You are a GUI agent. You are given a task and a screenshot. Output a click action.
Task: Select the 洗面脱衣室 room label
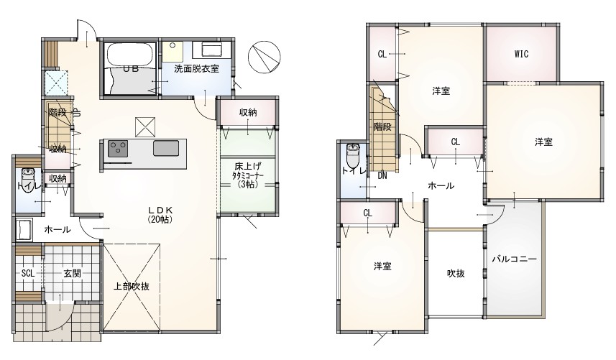(196, 69)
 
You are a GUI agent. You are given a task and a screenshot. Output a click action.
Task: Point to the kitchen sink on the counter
(166, 148)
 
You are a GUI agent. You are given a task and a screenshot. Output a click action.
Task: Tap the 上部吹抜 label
(132, 286)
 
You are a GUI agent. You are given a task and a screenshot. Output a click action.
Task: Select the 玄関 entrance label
(73, 273)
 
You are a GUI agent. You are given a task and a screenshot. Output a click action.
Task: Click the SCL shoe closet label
(28, 273)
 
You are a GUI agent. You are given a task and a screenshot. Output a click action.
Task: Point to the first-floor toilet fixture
(27, 180)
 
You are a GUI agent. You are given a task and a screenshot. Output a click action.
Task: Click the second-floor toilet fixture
(353, 155)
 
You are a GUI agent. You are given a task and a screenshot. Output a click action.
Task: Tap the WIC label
(521, 54)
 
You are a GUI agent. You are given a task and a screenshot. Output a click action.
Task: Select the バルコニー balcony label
(514, 259)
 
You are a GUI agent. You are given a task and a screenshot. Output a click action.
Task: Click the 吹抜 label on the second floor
(456, 273)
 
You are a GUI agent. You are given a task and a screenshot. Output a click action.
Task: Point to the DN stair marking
(382, 175)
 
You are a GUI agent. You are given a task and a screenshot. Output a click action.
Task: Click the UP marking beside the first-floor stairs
(77, 113)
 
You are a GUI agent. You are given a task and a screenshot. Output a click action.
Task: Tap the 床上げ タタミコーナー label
(247, 175)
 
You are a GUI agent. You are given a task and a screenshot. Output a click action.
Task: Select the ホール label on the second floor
(441, 185)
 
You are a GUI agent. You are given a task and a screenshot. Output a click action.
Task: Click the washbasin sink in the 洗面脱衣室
(212, 50)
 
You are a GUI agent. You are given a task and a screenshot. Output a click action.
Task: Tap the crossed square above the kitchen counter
(145, 127)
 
